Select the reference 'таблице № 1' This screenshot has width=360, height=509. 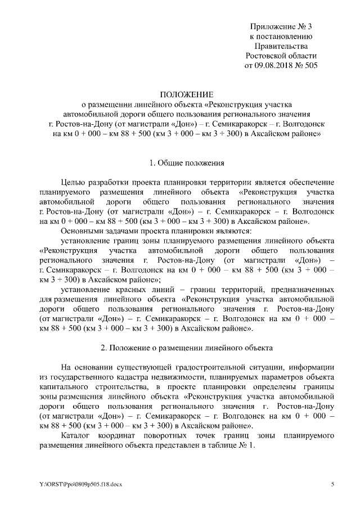[231, 445]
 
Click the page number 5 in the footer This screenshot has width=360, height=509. [332, 484]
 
